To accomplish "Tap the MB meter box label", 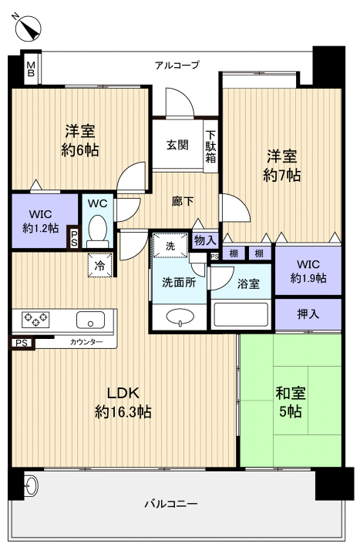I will [31, 69].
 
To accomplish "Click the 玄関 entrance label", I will [178, 144].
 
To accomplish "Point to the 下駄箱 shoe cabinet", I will [210, 146].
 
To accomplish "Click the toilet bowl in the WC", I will [98, 228].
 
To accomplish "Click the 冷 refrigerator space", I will [101, 264].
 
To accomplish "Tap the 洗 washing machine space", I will [169, 246].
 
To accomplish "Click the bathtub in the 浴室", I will [239, 316].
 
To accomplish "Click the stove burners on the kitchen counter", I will [35, 319].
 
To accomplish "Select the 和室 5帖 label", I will [291, 401].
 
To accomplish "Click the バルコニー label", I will [171, 505].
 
